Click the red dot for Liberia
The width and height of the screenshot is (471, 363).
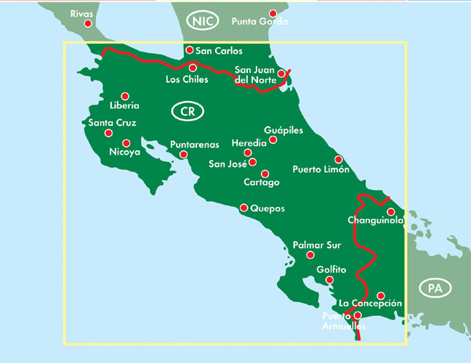coord(125,96)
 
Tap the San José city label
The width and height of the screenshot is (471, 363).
coord(228,163)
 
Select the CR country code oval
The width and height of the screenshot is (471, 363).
coord(188,111)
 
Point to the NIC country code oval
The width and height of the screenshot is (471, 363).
coord(203,21)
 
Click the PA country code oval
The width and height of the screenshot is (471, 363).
coord(435,288)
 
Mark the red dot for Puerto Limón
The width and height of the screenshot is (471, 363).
coord(338,159)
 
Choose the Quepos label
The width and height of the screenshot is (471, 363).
coord(266,209)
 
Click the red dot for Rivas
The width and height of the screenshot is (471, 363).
coord(88,23)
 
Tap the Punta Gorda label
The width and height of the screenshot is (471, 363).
coord(259,22)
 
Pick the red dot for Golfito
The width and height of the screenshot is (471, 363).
coord(329,280)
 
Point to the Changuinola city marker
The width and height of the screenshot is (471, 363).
coord(391,211)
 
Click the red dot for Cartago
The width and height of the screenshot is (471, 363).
coord(265,174)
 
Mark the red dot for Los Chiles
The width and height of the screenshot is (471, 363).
coord(193,67)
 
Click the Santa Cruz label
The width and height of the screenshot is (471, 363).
coord(112,123)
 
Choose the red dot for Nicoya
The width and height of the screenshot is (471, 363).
coord(126,143)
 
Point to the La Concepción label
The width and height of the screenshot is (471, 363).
coord(370,303)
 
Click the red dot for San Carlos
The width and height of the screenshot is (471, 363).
coord(189,50)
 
